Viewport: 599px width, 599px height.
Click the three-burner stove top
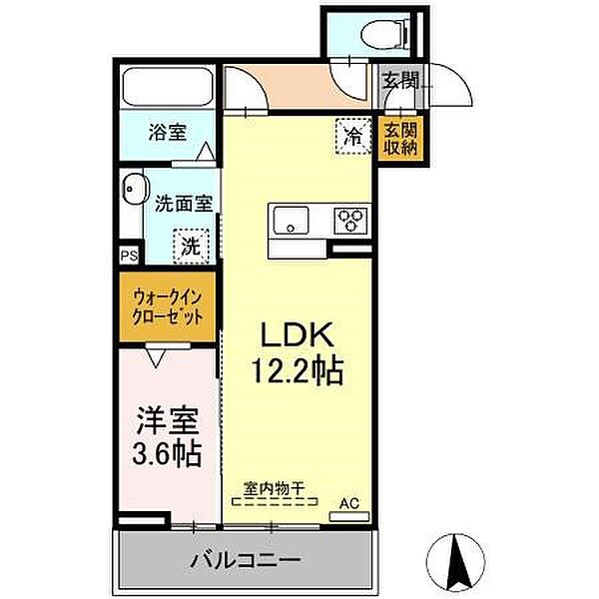(350, 219)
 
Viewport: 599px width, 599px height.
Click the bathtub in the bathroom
(166, 89)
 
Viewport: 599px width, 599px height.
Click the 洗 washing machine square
(190, 243)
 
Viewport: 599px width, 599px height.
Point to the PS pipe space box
(129, 257)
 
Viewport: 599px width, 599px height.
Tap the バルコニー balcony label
(246, 559)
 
